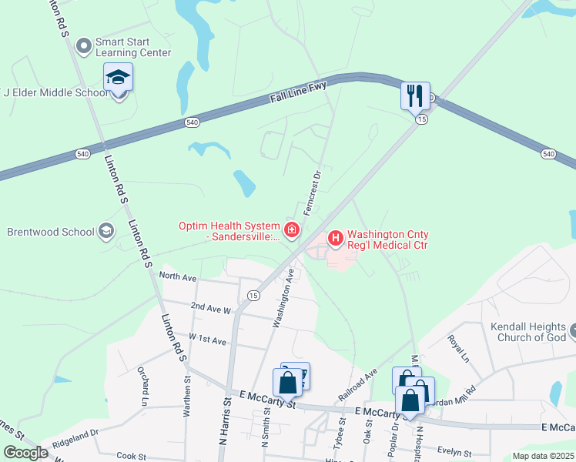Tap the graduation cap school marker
click(x=119, y=78)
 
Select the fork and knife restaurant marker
click(x=415, y=96)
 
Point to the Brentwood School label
click(x=50, y=231)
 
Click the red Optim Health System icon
click(x=292, y=229)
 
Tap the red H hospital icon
click(x=336, y=238)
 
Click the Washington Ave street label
click(x=283, y=297)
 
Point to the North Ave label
click(x=178, y=275)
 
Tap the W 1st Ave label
click(x=207, y=339)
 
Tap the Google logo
click(x=25, y=453)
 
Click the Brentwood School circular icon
click(x=106, y=231)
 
